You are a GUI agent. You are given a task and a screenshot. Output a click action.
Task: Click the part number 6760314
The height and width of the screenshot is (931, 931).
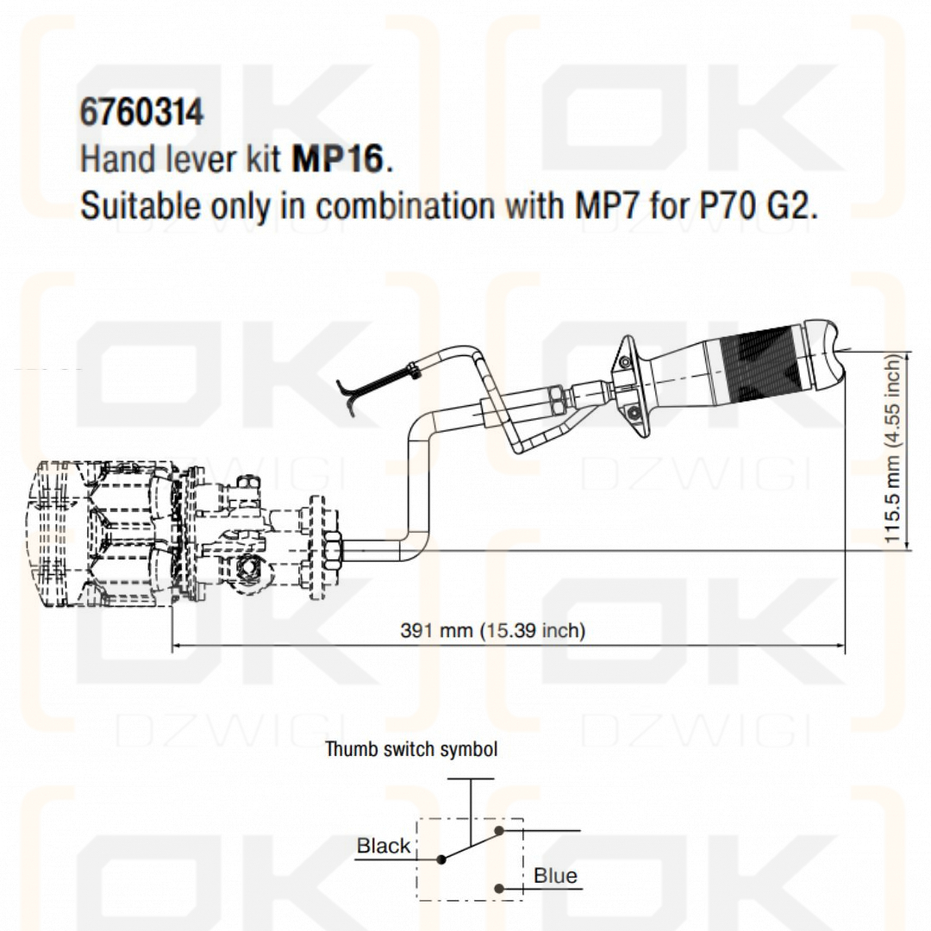point(142,113)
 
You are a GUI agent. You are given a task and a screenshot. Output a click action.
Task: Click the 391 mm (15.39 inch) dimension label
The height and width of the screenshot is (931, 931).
point(492,630)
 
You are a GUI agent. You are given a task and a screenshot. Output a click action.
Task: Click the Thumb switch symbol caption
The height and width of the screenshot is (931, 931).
point(411,749)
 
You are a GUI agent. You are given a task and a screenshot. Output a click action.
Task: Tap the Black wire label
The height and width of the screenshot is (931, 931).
point(384,846)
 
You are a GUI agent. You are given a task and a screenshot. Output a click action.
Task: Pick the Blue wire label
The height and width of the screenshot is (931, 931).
point(555,876)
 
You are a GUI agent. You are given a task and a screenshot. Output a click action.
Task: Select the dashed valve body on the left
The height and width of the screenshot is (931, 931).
point(103,534)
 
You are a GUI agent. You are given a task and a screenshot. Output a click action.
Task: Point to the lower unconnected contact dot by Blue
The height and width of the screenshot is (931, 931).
point(499,888)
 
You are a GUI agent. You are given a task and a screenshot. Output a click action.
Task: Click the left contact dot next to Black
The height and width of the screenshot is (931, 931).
point(441,859)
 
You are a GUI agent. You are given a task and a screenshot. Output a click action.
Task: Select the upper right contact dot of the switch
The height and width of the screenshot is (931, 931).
point(499,831)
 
